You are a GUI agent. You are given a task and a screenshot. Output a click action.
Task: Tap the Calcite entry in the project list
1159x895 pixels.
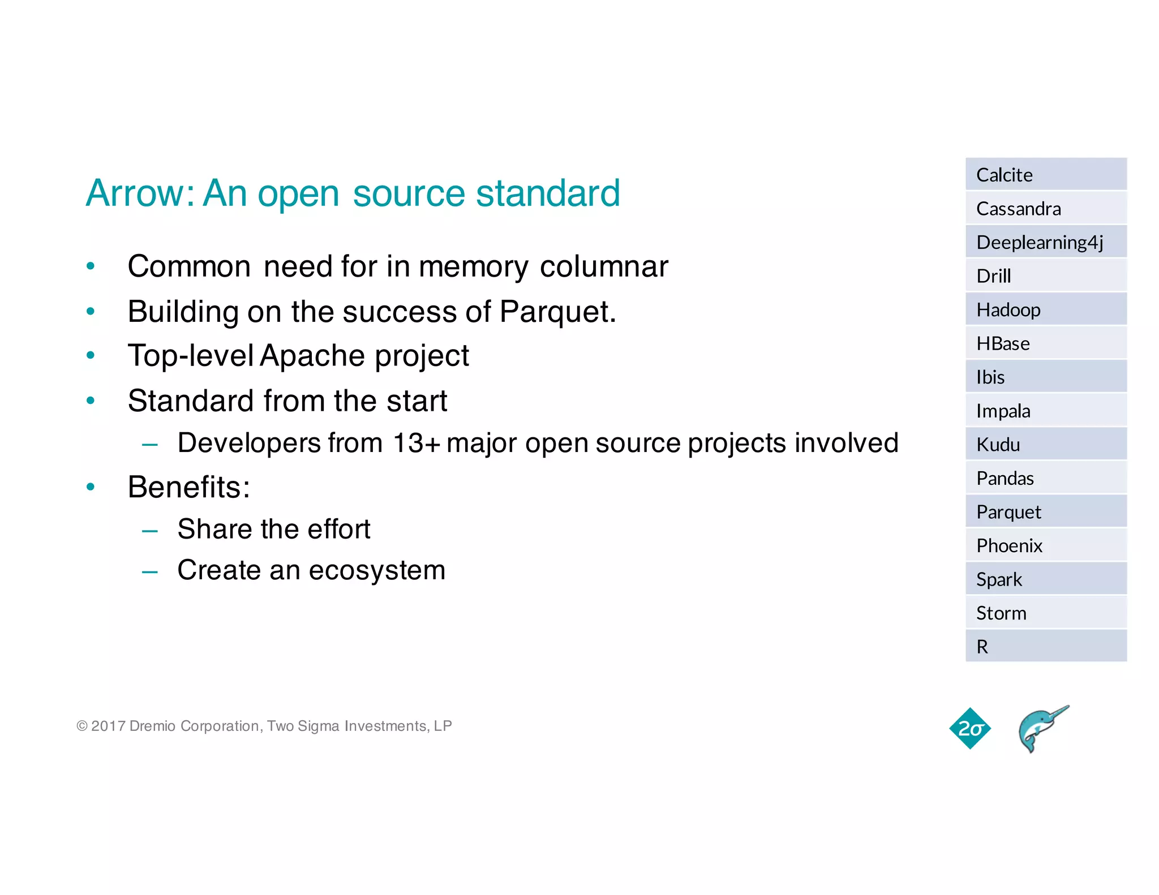pyautogui.click(x=1004, y=175)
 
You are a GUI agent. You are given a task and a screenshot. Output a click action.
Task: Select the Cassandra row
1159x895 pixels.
pyautogui.click(x=1018, y=209)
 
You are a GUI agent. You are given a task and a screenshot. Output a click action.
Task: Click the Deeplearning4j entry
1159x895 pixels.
pyautogui.click(x=1039, y=242)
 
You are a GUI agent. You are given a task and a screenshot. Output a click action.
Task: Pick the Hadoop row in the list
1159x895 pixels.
pyautogui.click(x=1008, y=310)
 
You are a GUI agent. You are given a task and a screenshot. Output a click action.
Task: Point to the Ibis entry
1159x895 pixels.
pyautogui.click(x=990, y=377)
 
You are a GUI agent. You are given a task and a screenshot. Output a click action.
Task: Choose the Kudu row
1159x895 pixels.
pyautogui.click(x=998, y=445)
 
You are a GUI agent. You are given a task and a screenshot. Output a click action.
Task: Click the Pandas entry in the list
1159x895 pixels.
pyautogui.click(x=1005, y=479)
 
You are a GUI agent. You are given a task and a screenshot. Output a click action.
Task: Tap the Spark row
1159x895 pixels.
pyautogui.click(x=999, y=579)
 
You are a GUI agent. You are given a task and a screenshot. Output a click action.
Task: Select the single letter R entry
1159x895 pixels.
pyautogui.click(x=982, y=647)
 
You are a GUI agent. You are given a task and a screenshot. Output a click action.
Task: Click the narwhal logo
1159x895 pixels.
pyautogui.click(x=1042, y=729)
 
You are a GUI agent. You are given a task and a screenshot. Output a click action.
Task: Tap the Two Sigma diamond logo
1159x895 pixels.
pyautogui.click(x=970, y=729)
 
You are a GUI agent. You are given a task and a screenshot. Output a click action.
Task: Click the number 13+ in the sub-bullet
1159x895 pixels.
pyautogui.click(x=416, y=443)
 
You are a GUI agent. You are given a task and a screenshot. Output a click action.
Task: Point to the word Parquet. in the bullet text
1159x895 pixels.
pyautogui.click(x=557, y=312)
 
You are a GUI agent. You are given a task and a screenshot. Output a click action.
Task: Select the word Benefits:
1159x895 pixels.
pyautogui.click(x=188, y=487)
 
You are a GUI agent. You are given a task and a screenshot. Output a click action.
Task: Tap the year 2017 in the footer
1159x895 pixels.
pyautogui.click(x=108, y=726)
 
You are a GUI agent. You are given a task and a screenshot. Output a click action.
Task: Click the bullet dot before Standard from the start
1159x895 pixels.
pyautogui.click(x=91, y=401)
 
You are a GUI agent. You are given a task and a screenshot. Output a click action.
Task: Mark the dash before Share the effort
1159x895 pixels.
pyautogui.click(x=150, y=531)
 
